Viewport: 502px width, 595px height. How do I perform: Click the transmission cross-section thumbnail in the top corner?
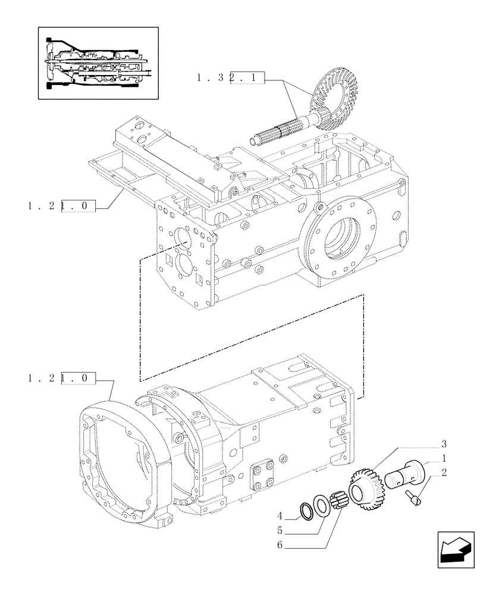pyautogui.click(x=98, y=62)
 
